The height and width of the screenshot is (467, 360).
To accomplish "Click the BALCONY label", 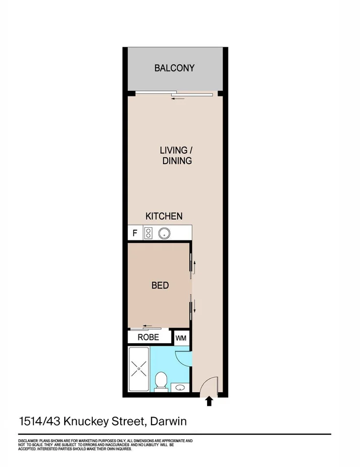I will click(174, 68).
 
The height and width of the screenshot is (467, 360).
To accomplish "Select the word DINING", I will click(177, 161).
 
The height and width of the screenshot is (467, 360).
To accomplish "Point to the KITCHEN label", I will click(164, 216).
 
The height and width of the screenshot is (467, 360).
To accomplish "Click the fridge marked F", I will click(135, 233).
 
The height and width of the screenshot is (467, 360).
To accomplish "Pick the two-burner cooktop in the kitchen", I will click(149, 233).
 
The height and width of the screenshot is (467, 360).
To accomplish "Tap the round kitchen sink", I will click(164, 233).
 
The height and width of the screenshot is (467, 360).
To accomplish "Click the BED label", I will click(160, 285).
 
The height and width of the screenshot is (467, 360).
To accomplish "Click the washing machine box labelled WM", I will click(181, 337).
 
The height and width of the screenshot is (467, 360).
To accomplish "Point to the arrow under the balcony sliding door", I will click(178, 98).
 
